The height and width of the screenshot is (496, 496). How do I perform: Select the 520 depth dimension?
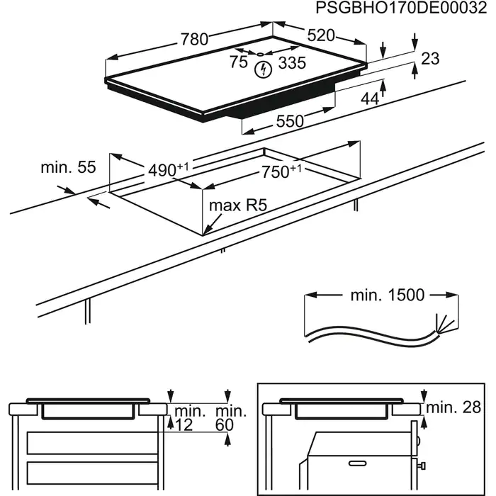[320, 35]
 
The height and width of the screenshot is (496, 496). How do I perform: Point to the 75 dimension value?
[239, 62]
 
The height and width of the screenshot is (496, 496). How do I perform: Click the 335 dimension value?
[291, 63]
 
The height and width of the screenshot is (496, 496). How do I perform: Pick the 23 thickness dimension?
[430, 59]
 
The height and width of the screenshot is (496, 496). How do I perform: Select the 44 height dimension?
[369, 99]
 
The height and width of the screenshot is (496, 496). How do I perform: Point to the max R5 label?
[237, 207]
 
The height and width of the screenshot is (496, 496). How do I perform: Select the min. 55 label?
[67, 167]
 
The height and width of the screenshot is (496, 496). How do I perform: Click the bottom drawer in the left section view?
[89, 473]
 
